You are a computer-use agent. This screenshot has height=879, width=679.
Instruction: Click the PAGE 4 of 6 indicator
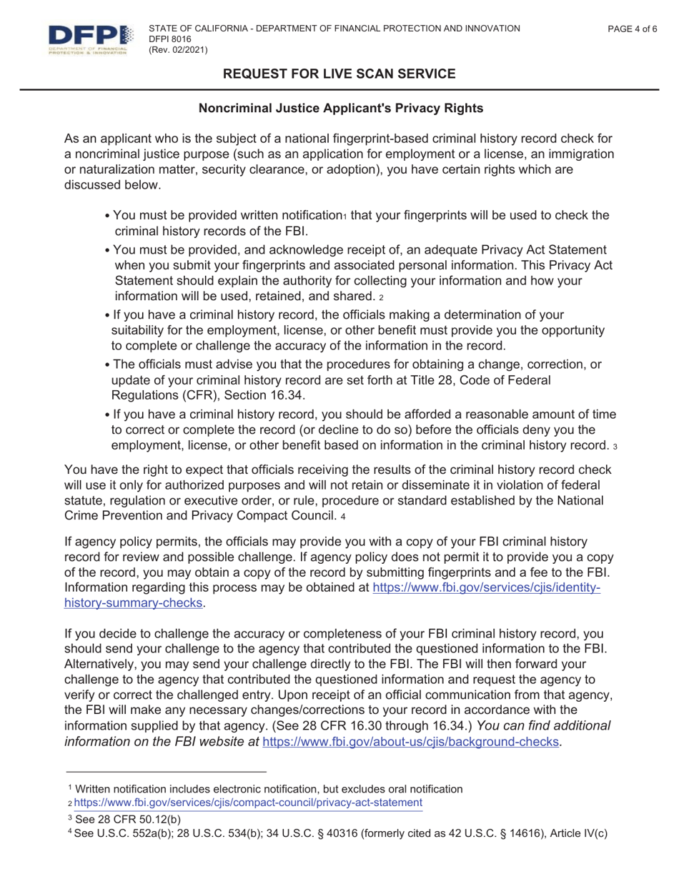pos(632,29)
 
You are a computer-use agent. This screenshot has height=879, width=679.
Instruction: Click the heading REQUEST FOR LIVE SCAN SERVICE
pos(339,74)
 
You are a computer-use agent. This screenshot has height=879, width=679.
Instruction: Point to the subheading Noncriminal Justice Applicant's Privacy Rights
pos(340,109)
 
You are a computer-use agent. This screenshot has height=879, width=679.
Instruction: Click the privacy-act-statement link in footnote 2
pos(252,803)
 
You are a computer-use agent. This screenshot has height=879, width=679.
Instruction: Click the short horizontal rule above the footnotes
pos(166,772)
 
